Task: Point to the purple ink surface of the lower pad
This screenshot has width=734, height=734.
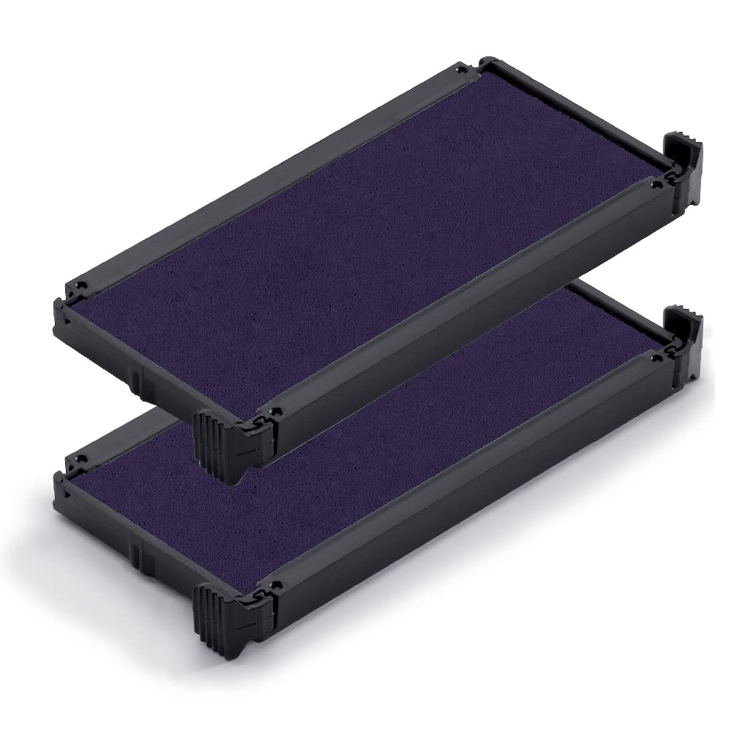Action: pyautogui.click(x=367, y=411)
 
